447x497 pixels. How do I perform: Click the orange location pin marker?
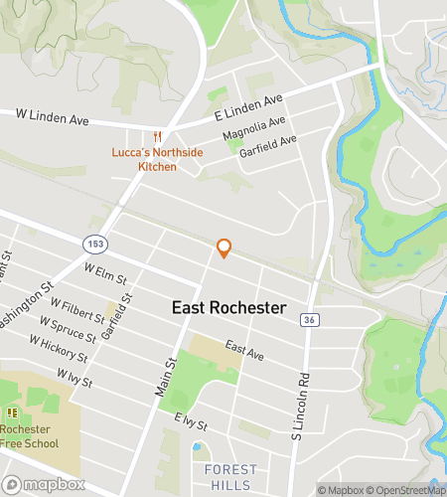tap(224, 248)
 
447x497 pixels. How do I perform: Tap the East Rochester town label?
tap(228, 308)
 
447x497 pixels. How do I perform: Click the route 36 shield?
tap(310, 319)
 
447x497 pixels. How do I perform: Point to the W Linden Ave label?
tap(53, 116)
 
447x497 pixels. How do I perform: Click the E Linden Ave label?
tap(247, 108)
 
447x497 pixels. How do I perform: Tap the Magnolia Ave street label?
tap(254, 128)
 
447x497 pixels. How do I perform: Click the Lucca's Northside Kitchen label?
tap(144, 159)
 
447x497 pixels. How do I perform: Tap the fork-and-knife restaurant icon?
tap(157, 137)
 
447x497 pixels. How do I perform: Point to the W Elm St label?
tap(104, 271)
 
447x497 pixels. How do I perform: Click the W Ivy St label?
tap(74, 378)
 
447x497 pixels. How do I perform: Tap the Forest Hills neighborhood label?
tap(229, 477)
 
